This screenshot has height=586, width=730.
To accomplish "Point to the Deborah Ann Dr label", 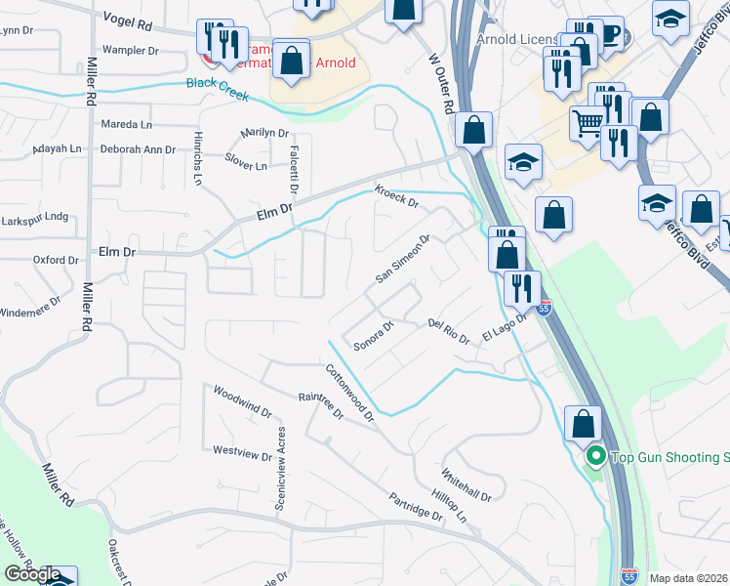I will (x=138, y=149).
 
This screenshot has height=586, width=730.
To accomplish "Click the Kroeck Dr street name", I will (x=396, y=197).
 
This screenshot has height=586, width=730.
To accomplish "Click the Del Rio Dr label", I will (x=449, y=330).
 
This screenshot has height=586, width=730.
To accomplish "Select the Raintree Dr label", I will (x=321, y=405).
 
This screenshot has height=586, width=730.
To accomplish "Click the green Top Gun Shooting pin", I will (x=595, y=456).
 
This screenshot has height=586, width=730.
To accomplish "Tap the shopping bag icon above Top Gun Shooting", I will (x=584, y=424).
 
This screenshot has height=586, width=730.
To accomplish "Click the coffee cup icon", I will (x=611, y=34).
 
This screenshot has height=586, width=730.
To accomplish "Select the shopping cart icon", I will (x=588, y=123).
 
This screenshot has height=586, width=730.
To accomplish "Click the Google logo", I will (x=32, y=574).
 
